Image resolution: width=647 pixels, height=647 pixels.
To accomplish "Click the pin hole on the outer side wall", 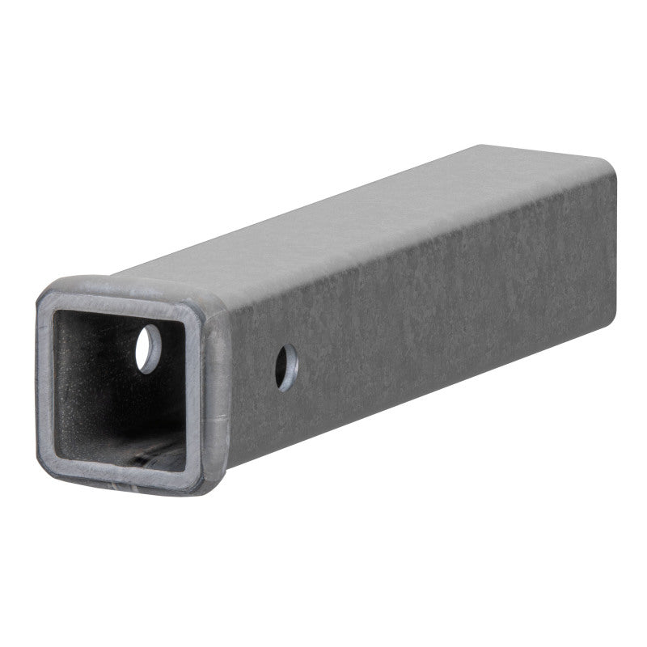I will pos(285,366).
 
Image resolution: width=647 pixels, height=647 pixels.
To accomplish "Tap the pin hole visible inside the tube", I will pos(148,349).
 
